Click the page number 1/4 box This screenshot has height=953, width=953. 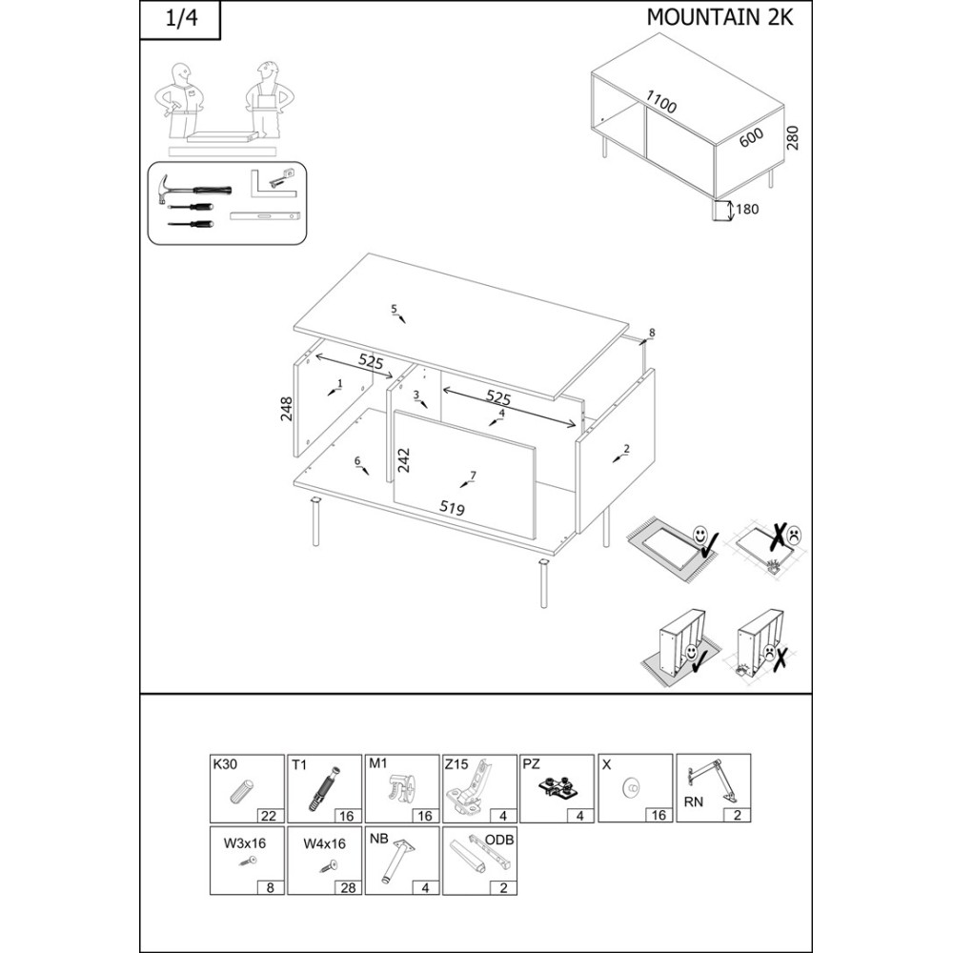point(180,20)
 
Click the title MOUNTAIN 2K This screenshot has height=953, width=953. point(720,17)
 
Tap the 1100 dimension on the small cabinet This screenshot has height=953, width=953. point(660,102)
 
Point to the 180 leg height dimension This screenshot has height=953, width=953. point(747,209)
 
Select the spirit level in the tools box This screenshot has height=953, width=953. point(265,215)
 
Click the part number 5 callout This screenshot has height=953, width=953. point(394,310)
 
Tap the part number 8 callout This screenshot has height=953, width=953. point(652,333)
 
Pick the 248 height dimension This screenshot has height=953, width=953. point(286,409)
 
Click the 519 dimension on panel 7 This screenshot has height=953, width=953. point(452,508)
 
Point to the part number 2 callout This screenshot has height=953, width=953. point(627,449)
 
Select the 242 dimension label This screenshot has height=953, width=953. point(404,460)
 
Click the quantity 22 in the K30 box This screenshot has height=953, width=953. point(268,816)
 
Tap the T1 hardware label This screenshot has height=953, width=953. point(299,765)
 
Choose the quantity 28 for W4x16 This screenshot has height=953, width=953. point(348,888)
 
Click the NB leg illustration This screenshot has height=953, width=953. point(395,860)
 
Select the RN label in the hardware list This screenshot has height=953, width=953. point(694,802)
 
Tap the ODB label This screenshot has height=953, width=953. point(499,840)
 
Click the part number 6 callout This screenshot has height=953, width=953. point(358,460)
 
